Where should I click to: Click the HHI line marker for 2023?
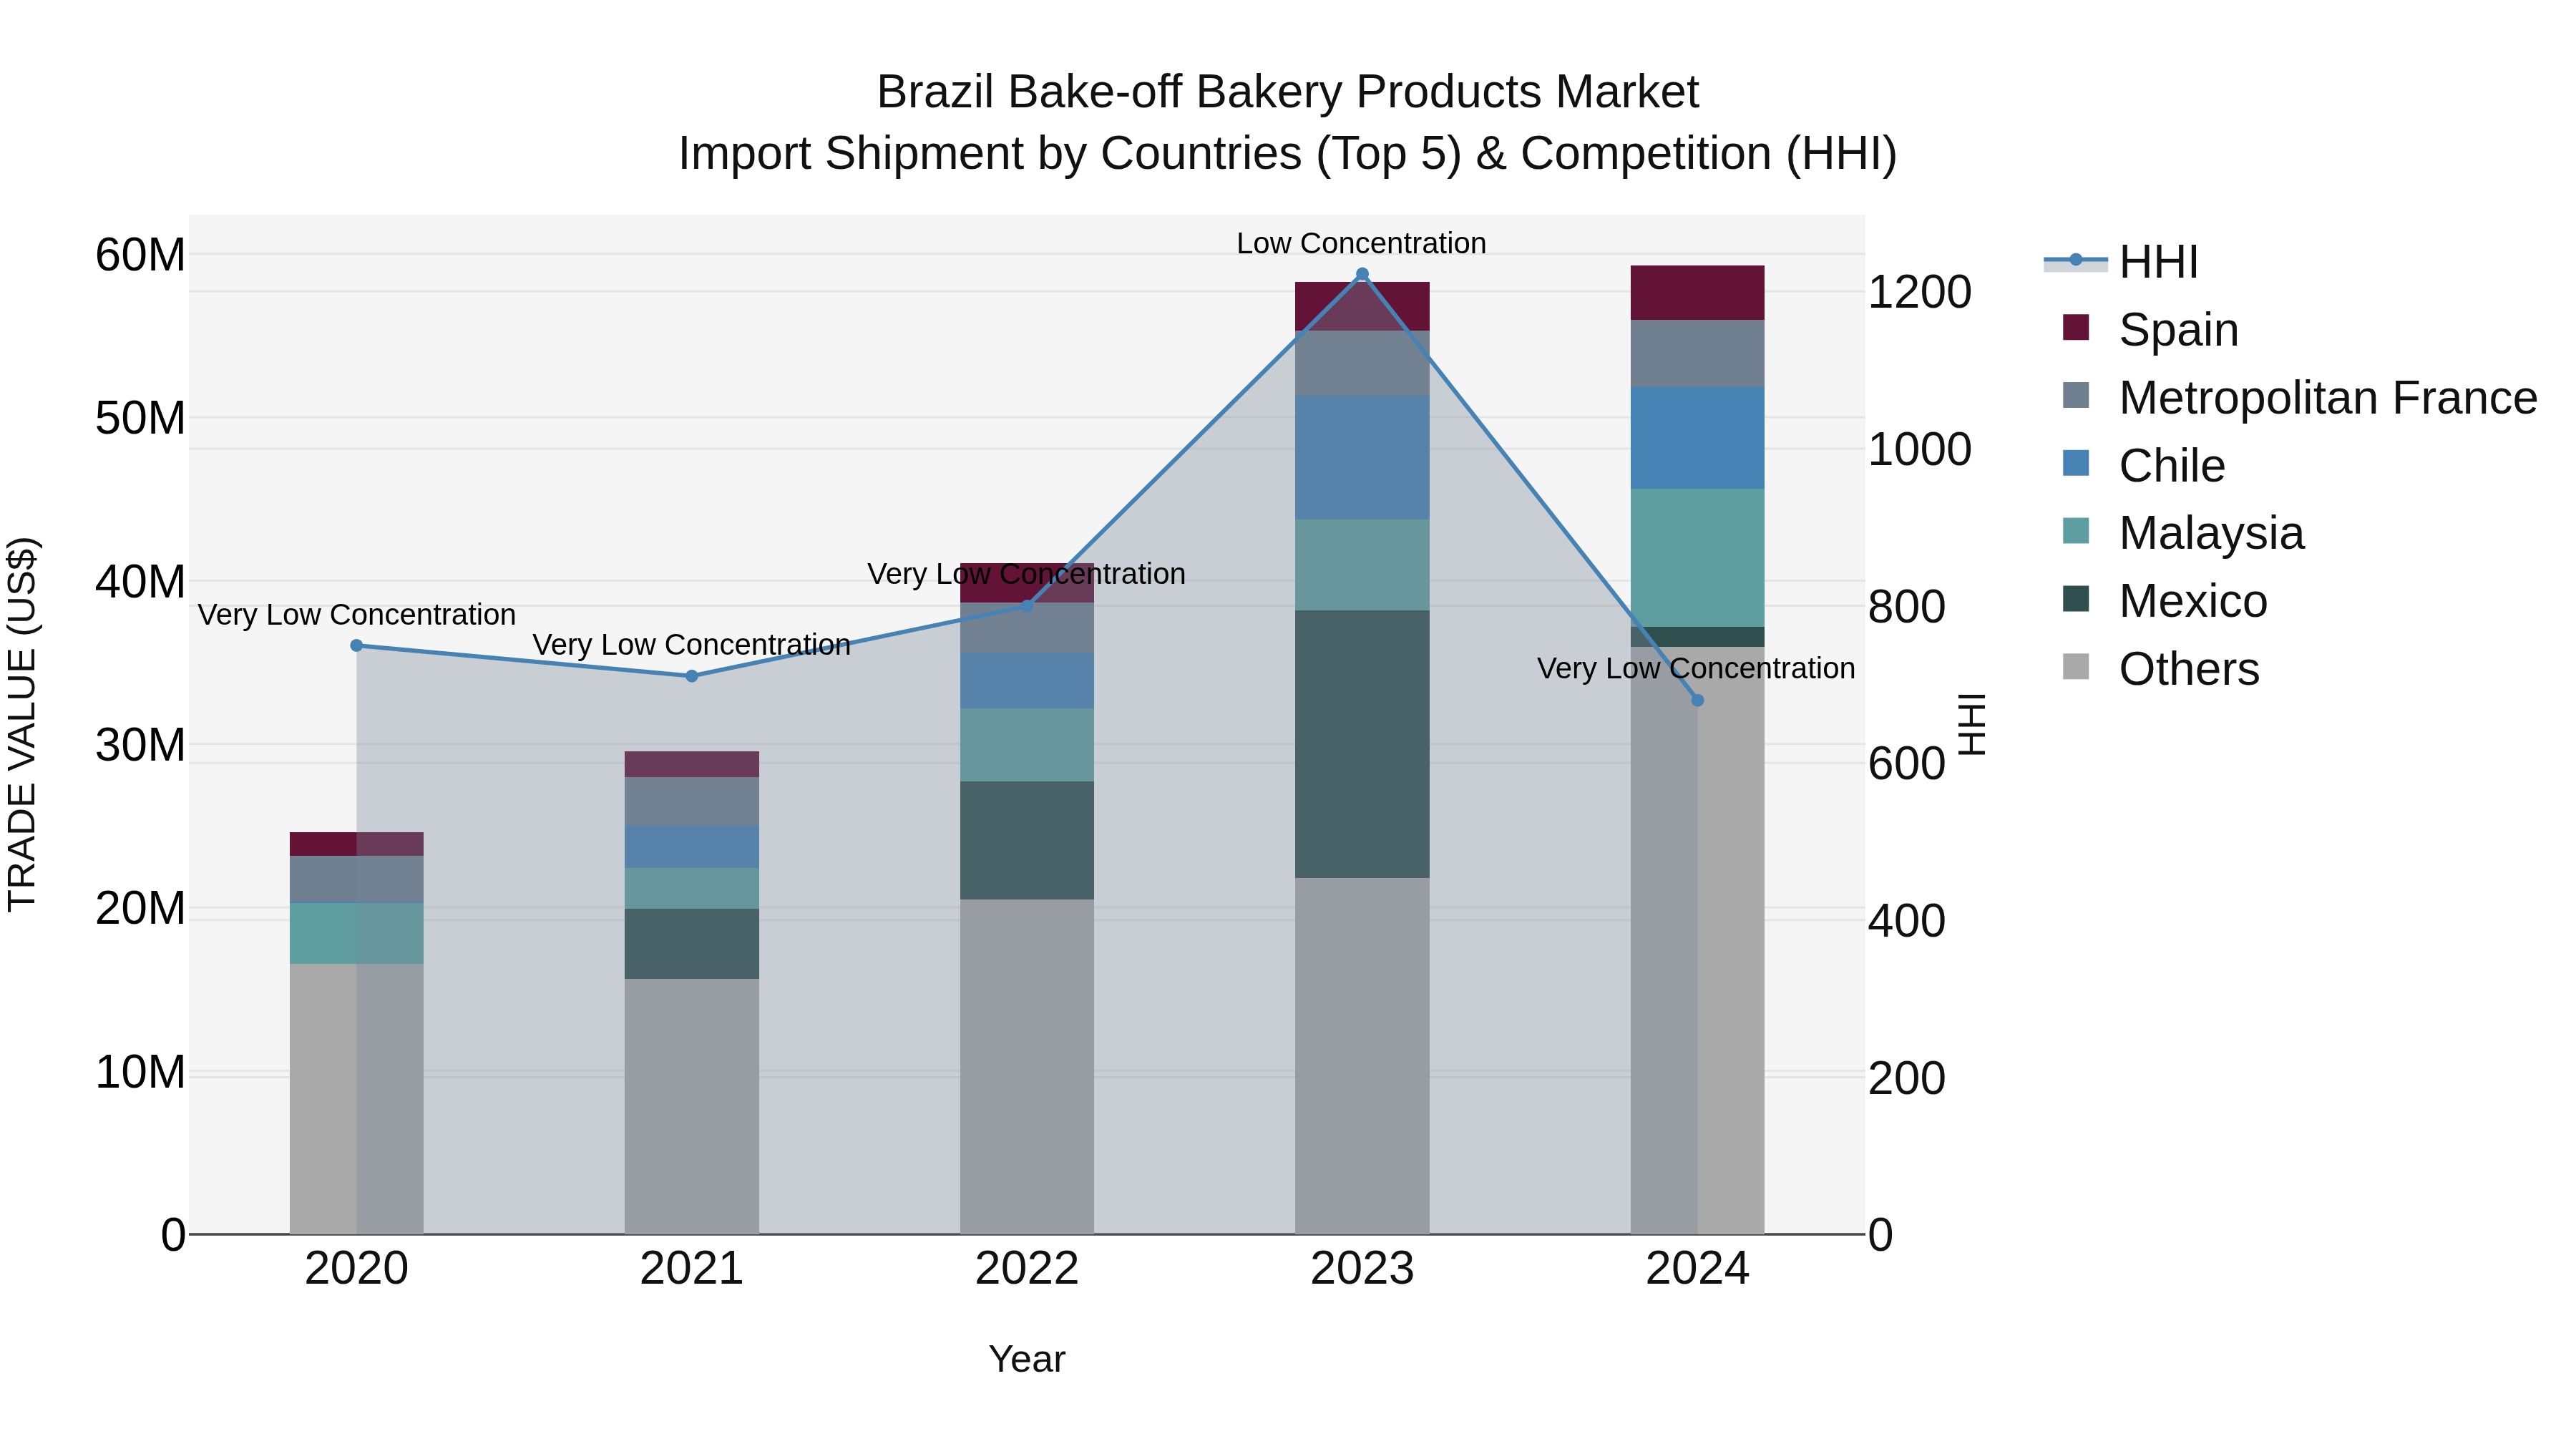click(x=1361, y=274)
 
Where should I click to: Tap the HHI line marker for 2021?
click(x=691, y=676)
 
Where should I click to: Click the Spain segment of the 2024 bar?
click(x=1697, y=293)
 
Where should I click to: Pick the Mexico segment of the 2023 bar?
click(x=1361, y=744)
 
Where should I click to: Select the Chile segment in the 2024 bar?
click(x=1697, y=438)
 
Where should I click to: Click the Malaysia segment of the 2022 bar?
click(x=1026, y=745)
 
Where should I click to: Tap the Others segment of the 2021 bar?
click(x=691, y=1105)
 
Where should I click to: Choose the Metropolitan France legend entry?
click(x=2327, y=398)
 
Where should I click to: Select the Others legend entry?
click(x=2188, y=669)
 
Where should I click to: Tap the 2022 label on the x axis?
click(x=1026, y=1269)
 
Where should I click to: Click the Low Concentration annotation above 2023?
click(x=1361, y=243)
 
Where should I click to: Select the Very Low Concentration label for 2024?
click(x=1695, y=668)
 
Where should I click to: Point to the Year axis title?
click(x=1026, y=1359)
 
